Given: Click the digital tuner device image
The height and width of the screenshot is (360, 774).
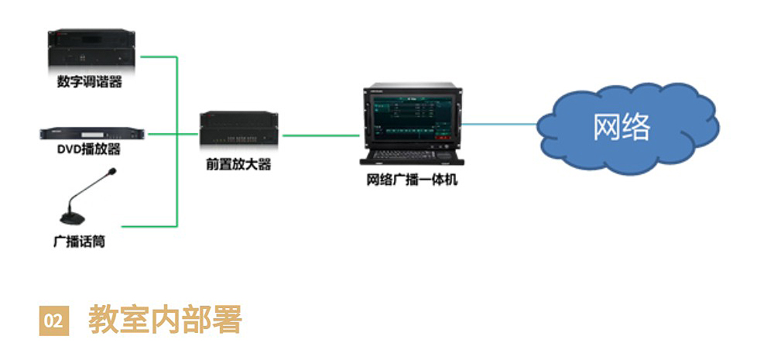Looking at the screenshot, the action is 91,50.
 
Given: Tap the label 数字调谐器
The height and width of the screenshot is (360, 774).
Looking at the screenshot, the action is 89,82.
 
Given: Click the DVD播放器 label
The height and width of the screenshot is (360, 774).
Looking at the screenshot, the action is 89,149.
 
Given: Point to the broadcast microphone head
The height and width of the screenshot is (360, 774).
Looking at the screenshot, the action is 111,172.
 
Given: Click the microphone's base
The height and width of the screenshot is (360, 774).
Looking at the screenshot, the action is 73,218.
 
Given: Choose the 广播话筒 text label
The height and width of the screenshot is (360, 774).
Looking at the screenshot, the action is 79,242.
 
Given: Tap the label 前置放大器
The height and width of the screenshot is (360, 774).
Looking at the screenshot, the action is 239,164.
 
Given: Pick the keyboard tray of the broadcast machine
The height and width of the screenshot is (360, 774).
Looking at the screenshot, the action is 412,156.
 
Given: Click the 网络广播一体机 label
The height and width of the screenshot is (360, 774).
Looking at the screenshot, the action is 413,180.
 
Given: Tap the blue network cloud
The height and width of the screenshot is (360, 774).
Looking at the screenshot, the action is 628,129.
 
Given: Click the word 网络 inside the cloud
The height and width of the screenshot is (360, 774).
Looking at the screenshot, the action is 622,128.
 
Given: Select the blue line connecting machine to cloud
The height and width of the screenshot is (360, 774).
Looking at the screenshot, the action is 499,124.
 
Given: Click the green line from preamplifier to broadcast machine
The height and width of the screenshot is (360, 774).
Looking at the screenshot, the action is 321,135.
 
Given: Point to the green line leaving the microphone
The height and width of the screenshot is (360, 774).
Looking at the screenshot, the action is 149,226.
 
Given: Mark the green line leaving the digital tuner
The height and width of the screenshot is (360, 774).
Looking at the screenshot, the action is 159,57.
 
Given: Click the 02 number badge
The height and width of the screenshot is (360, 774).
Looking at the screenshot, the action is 54,321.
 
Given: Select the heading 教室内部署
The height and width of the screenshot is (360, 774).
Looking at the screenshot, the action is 165,320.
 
